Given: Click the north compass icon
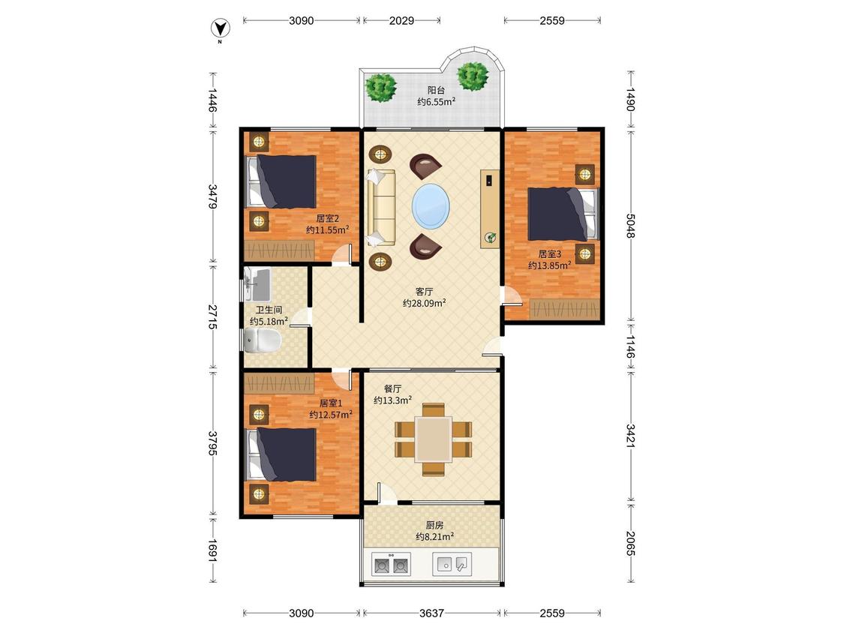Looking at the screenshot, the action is coord(220,28).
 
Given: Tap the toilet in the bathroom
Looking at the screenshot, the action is coord(262,340).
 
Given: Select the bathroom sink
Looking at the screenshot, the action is coord(257,283).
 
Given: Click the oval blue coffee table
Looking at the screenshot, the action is coord(431,206).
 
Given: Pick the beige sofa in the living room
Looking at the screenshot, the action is coord(381,208).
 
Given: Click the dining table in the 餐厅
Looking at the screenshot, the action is coord(433,439).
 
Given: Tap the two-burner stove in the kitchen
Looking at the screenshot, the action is coord(391,564).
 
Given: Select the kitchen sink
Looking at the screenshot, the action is coord(452,564).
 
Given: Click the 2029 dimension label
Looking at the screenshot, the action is coord(401,20).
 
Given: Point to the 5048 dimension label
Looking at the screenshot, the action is coord(631,226).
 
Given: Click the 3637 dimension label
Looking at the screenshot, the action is coord(431,613).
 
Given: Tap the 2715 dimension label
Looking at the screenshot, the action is coord(213,317).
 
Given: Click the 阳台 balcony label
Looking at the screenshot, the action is coord(436,91).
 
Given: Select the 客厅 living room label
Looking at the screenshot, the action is coord(424,292).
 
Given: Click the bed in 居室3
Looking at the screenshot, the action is coord(563,214).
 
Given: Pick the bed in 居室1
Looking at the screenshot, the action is coord(281,454).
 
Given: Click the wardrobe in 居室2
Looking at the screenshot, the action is coord(279,250).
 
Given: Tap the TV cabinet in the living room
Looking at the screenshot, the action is coord(490,209).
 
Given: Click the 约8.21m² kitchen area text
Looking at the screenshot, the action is coord(435,537).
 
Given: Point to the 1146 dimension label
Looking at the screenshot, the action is coord(631,346).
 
